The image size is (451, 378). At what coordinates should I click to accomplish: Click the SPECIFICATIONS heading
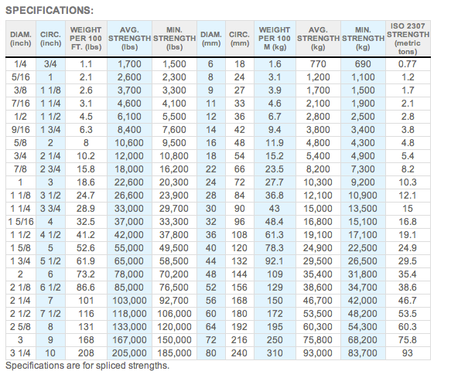50,10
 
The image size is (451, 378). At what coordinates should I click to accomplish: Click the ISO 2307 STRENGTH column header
408,39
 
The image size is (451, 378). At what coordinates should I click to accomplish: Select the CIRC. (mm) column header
239,39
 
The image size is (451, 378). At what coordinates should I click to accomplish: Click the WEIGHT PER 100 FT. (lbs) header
86,39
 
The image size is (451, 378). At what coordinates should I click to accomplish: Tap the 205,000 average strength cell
129,353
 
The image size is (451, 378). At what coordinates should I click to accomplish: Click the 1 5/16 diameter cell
21,222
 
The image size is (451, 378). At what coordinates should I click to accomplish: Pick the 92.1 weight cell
275,261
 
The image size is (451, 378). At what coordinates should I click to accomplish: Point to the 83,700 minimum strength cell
362,353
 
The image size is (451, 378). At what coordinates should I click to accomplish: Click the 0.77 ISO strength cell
408,64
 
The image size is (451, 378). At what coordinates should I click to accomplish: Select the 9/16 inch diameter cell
20,130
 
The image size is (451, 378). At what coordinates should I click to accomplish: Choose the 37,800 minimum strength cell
174,235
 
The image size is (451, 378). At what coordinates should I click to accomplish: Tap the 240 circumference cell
239,353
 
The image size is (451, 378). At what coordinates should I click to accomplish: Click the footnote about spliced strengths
87,366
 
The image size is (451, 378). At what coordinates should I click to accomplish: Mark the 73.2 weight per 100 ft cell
86,274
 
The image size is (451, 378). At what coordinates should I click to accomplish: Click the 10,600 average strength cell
129,143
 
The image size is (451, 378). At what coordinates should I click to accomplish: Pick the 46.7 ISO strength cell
408,301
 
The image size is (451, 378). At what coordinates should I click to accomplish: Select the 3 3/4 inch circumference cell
50,209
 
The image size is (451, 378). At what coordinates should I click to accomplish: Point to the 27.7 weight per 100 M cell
275,182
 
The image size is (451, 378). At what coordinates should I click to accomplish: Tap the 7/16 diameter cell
20,104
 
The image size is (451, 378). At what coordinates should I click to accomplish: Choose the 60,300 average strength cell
317,327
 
